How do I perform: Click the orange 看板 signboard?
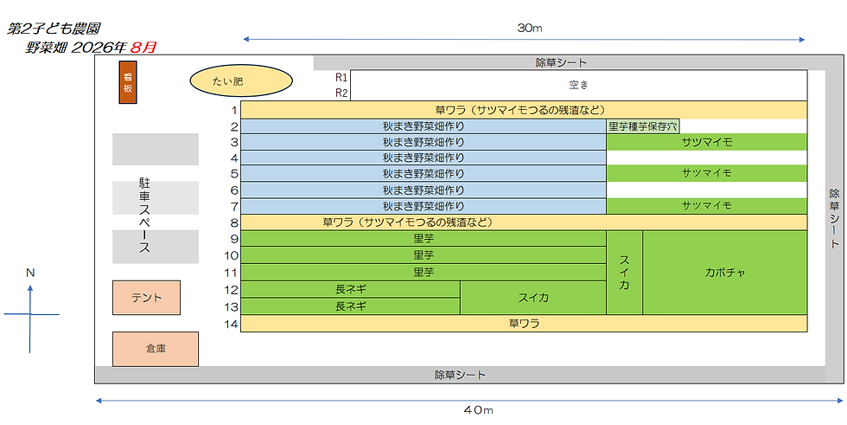pyautogui.click(x=128, y=82)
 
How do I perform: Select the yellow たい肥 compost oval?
pyautogui.click(x=241, y=81)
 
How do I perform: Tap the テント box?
pyautogui.click(x=146, y=298)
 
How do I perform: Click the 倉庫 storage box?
pyautogui.click(x=156, y=349)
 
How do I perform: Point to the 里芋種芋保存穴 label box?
pyautogui.click(x=643, y=126)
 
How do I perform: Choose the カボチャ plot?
pyautogui.click(x=724, y=273)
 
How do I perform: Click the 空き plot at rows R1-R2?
pyautogui.click(x=578, y=85)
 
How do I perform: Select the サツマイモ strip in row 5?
pyautogui.click(x=707, y=174)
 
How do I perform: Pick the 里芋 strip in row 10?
pyautogui.click(x=423, y=255)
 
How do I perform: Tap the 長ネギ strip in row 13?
pyautogui.click(x=351, y=306)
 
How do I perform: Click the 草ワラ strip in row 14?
pyautogui.click(x=524, y=324)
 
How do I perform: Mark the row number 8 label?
pyautogui.click(x=234, y=222)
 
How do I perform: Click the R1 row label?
pyautogui.click(x=341, y=77)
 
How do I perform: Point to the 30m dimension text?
pyautogui.click(x=529, y=29)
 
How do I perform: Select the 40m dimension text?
pyautogui.click(x=479, y=410)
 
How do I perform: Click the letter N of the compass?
pyautogui.click(x=30, y=273)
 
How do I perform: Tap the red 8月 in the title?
pyautogui.click(x=143, y=47)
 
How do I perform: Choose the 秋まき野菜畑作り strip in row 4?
pyautogui.click(x=423, y=158)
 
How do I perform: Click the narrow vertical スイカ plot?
pyautogui.click(x=624, y=273)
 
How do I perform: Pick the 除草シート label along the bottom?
pyautogui.click(x=460, y=375)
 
